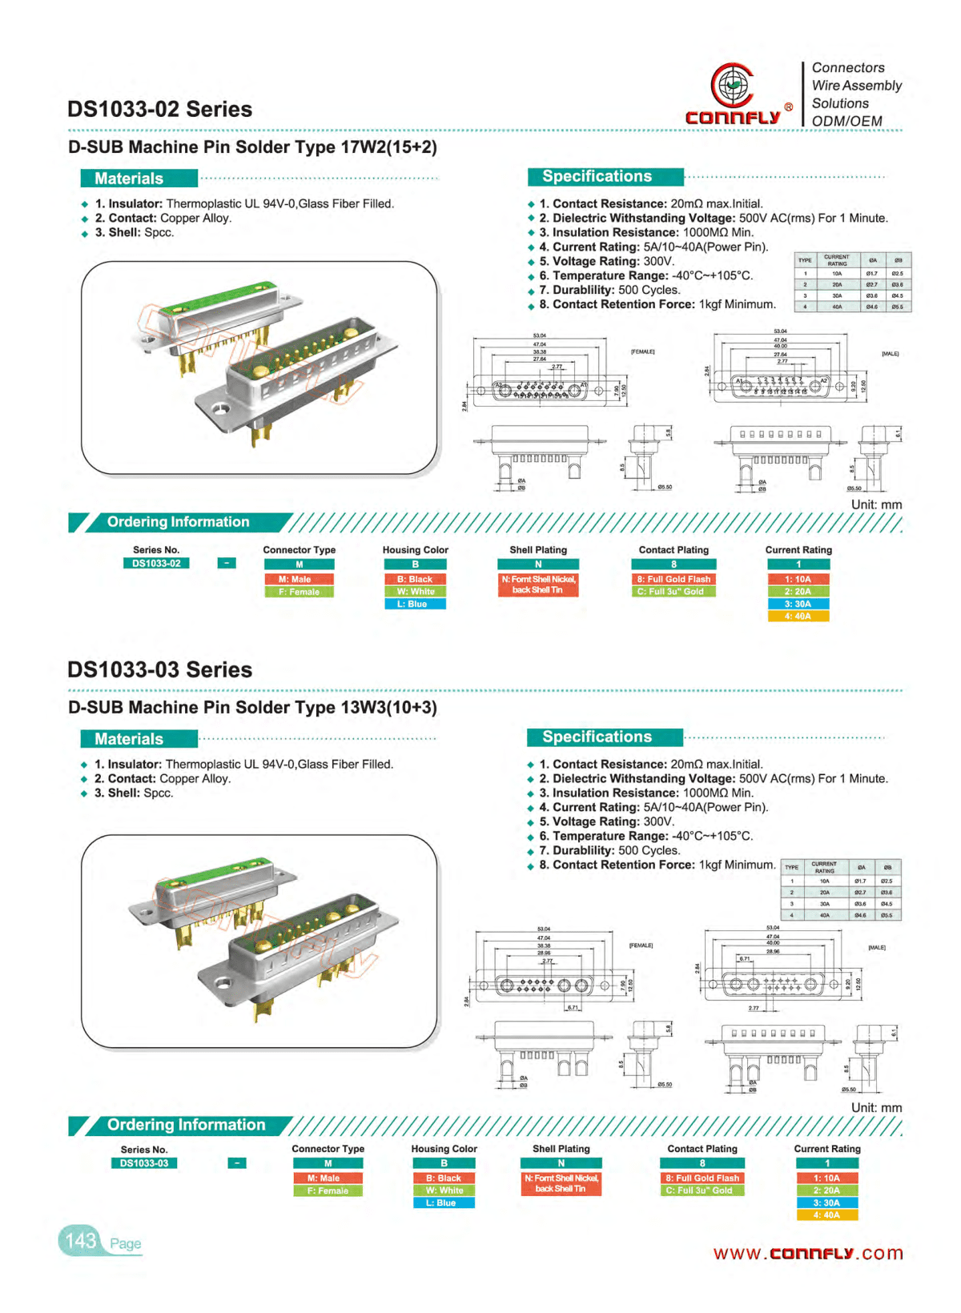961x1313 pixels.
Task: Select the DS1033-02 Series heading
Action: click(x=159, y=109)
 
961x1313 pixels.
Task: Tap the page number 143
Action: click(x=81, y=1241)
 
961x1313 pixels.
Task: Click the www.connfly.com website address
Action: click(x=807, y=1253)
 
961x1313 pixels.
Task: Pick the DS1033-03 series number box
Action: click(x=144, y=1163)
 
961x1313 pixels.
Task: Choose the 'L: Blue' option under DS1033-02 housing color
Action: click(x=415, y=604)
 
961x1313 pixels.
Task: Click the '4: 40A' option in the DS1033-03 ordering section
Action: click(x=826, y=1215)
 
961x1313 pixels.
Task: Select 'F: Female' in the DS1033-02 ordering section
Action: click(x=299, y=592)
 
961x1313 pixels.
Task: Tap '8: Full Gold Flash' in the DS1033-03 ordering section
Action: click(x=702, y=1178)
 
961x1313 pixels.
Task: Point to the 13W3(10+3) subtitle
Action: click(x=252, y=708)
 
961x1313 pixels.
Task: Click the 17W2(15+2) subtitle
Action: click(x=252, y=147)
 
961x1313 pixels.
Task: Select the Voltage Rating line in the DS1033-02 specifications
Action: click(x=606, y=261)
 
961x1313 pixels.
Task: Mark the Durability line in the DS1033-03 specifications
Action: click(x=609, y=850)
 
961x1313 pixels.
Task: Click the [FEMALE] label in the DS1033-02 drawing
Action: click(x=642, y=351)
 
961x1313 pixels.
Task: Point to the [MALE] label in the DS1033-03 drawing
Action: click(x=877, y=947)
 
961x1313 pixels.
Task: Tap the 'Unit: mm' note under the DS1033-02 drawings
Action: click(x=876, y=505)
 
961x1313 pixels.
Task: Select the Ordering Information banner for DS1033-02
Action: click(x=178, y=522)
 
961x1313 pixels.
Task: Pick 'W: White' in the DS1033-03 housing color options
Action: click(x=444, y=1191)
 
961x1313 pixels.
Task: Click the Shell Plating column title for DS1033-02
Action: click(x=538, y=550)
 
